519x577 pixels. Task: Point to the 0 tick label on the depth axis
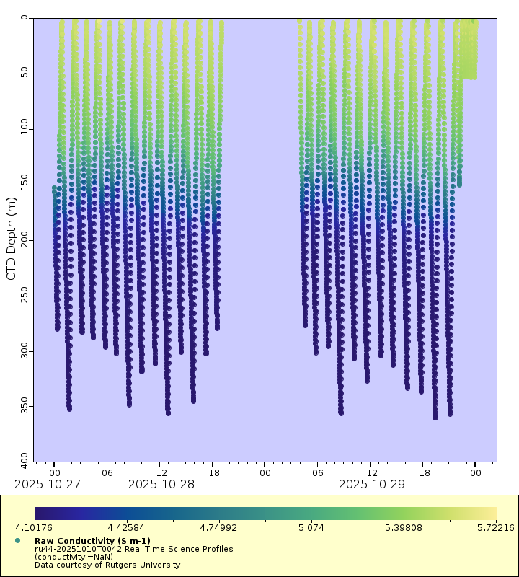(x=24, y=18)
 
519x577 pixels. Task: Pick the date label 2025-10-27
(x=48, y=484)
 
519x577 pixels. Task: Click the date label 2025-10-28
(x=161, y=484)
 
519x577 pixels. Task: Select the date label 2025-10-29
(x=372, y=484)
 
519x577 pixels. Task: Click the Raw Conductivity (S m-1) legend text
(x=92, y=540)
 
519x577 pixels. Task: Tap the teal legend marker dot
(x=17, y=540)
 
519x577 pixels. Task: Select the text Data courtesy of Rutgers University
(x=107, y=565)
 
